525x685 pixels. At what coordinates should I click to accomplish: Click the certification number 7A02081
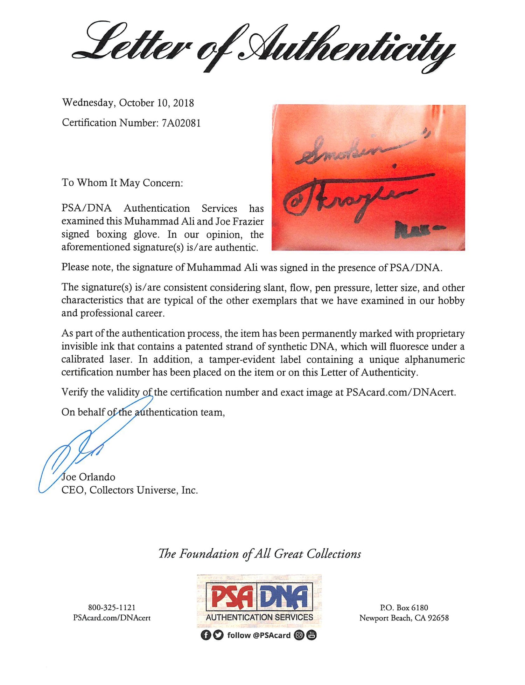[181, 123]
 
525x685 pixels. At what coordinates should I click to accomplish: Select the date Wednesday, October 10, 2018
[128, 103]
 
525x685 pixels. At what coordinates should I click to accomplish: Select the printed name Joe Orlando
[88, 477]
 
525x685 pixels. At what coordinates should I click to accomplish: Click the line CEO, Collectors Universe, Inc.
[129, 490]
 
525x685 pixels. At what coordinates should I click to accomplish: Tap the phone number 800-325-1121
[112, 608]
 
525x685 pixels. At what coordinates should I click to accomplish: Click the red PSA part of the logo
[232, 598]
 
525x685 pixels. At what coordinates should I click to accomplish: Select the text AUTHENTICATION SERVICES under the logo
[259, 617]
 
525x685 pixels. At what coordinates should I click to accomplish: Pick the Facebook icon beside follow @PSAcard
[205, 635]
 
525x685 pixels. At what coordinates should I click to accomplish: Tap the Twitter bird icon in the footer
[218, 635]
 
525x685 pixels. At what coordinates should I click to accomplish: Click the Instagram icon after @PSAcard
[299, 635]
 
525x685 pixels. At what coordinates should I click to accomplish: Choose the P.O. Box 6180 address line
[404, 608]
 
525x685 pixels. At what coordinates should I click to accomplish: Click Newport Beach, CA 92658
[404, 618]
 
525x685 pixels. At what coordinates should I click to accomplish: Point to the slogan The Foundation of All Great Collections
[259, 554]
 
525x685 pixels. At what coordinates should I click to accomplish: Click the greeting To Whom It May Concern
[122, 183]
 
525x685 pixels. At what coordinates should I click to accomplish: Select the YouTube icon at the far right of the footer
[311, 635]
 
